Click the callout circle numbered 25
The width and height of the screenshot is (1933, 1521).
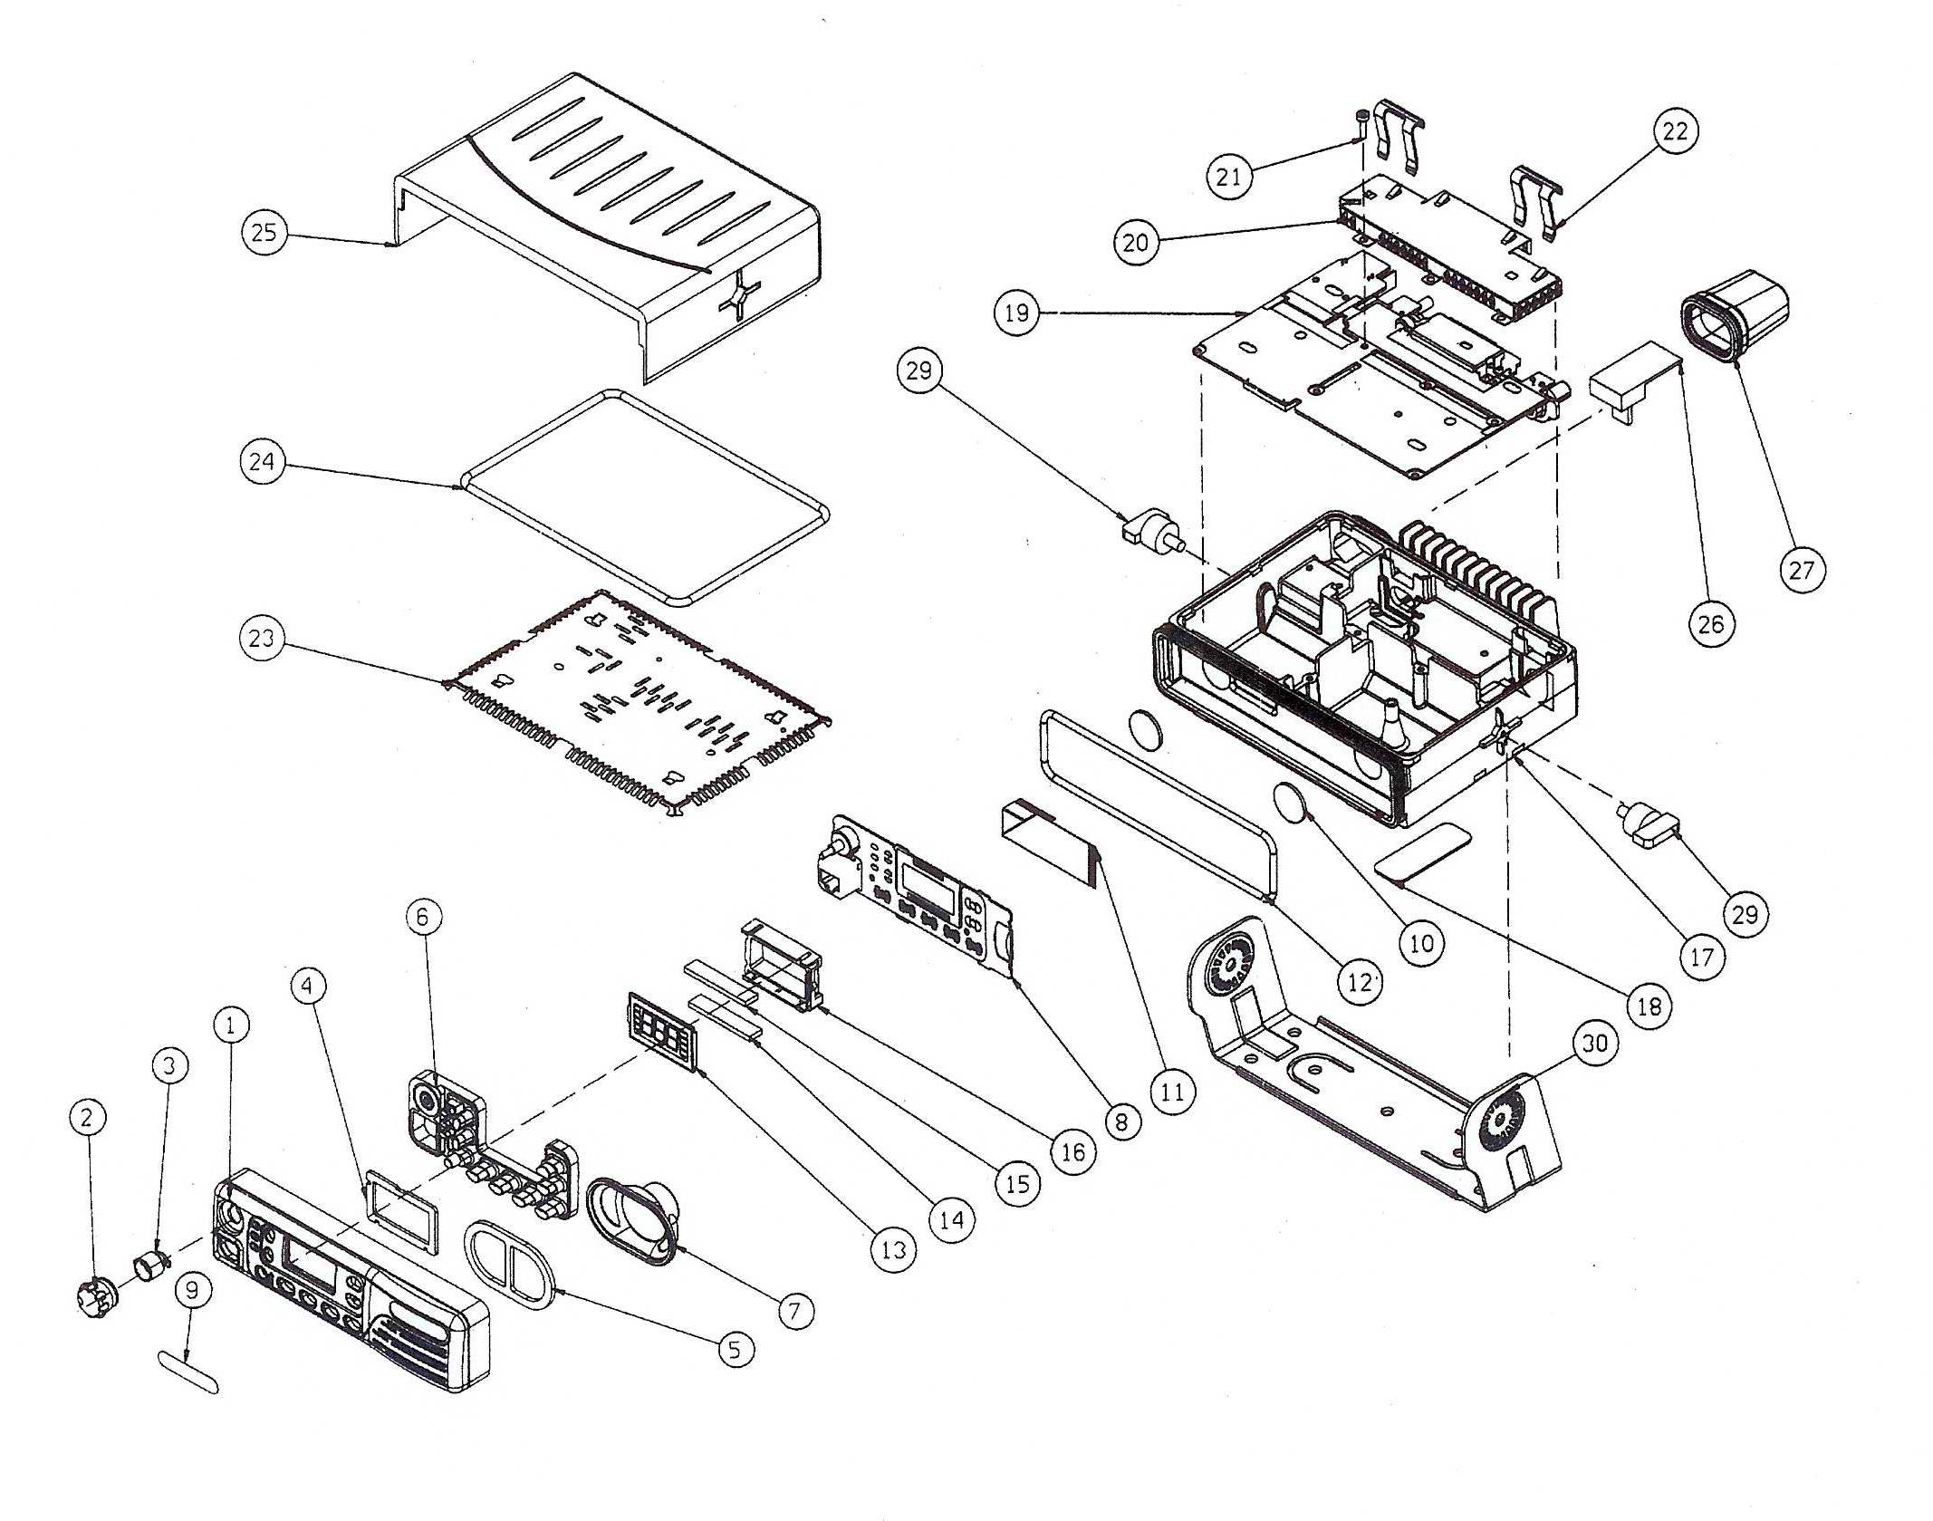pos(264,233)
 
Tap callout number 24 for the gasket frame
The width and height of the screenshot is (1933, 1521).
pos(262,462)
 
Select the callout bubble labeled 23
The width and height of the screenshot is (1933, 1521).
pos(261,638)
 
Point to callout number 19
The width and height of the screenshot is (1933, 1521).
pos(1016,313)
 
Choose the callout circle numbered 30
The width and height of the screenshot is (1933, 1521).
pos(1594,1043)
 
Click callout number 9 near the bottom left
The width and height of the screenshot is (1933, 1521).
pos(192,1290)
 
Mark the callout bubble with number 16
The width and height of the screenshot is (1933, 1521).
pos(1072,1152)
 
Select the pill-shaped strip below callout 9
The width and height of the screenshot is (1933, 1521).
pos(188,1371)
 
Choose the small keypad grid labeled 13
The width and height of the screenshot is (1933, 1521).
pos(659,1030)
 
